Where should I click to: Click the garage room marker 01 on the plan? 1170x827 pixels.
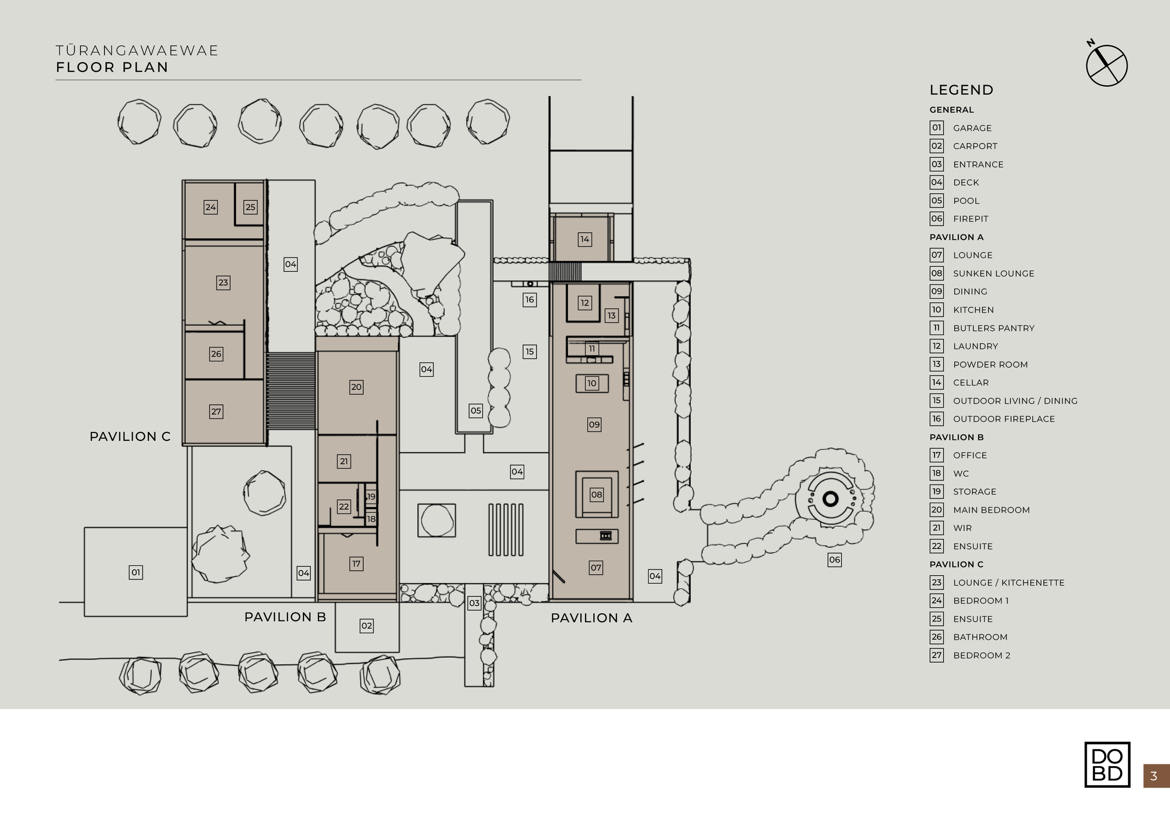click(136, 572)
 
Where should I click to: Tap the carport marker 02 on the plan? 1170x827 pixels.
click(366, 626)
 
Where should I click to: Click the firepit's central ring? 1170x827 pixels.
click(830, 499)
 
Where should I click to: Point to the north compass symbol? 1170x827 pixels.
click(1106, 65)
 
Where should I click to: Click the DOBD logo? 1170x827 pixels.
click(1107, 764)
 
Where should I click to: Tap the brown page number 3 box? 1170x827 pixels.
click(1155, 776)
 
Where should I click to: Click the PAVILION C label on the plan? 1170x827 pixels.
click(130, 437)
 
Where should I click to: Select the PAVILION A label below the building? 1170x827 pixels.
click(591, 618)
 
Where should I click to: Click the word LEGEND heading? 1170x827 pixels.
click(961, 90)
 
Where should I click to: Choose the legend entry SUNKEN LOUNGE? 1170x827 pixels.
click(993, 274)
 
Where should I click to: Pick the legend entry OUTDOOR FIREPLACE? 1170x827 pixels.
click(1003, 419)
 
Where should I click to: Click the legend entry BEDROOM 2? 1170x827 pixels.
click(981, 655)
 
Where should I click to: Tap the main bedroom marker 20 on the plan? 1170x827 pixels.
click(356, 387)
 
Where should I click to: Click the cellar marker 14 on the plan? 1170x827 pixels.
click(585, 239)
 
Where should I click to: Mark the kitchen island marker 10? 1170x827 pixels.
click(591, 383)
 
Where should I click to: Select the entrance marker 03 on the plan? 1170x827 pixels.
click(474, 603)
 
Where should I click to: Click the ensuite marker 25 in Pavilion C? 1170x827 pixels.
click(250, 207)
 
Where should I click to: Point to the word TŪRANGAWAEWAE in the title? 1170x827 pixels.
click(137, 51)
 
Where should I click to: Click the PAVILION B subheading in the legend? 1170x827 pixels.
click(956, 437)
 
